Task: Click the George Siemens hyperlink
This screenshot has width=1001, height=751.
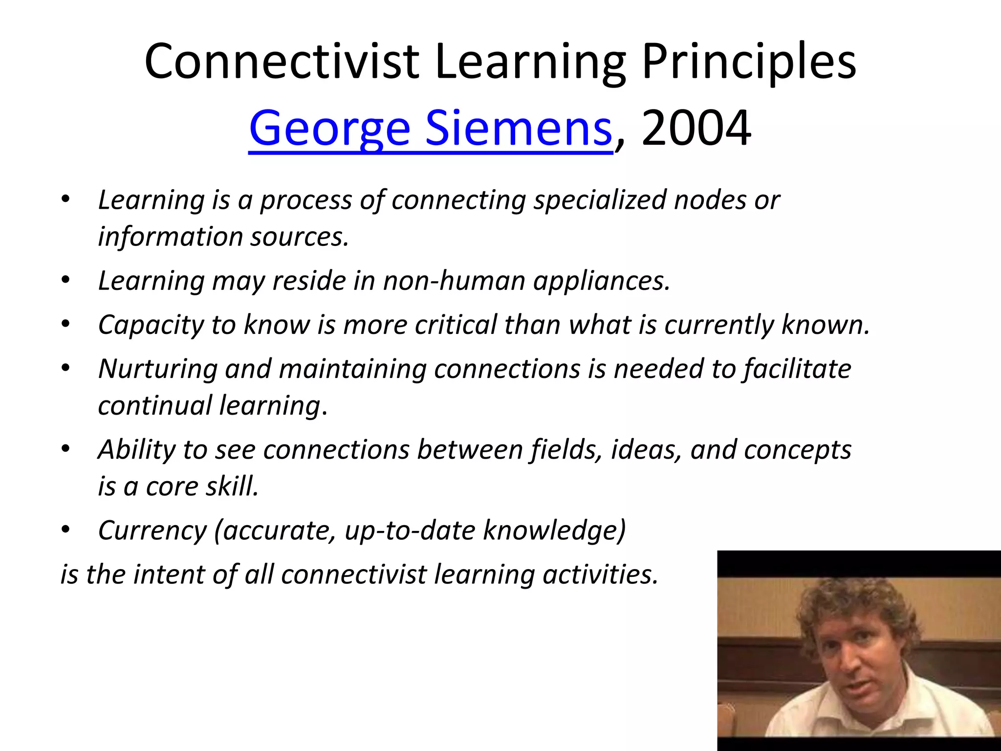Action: coord(430,129)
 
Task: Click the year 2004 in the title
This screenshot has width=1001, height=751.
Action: coord(696,129)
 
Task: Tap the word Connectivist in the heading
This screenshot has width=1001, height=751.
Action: coord(282,62)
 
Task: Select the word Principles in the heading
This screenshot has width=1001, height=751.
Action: coord(749,62)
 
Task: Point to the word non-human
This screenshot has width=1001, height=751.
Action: coord(454,281)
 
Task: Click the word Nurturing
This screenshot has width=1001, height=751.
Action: coord(157,369)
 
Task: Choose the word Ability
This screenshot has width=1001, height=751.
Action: coord(136,450)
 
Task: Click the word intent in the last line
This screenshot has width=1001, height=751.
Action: coord(169,574)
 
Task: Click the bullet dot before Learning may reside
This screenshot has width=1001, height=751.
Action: coord(65,281)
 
